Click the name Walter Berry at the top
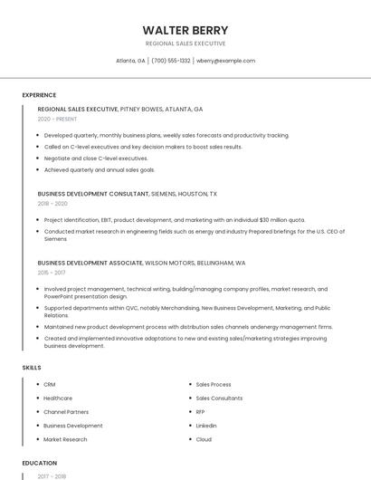click(185, 30)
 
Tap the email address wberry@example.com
click(225, 61)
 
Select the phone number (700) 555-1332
click(170, 61)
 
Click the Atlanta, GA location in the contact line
click(130, 61)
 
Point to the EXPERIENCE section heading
click(39, 95)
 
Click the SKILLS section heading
click(32, 368)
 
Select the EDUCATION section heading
click(39, 463)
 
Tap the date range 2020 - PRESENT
click(57, 119)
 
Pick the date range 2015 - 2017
click(52, 272)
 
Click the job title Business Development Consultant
click(93, 193)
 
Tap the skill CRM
click(50, 385)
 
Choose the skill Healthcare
click(58, 398)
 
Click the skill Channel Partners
click(66, 412)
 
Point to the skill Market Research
click(65, 439)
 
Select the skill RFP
click(201, 412)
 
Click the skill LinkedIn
click(206, 426)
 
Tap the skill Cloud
click(204, 439)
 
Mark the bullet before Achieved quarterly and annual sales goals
click(39, 169)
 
